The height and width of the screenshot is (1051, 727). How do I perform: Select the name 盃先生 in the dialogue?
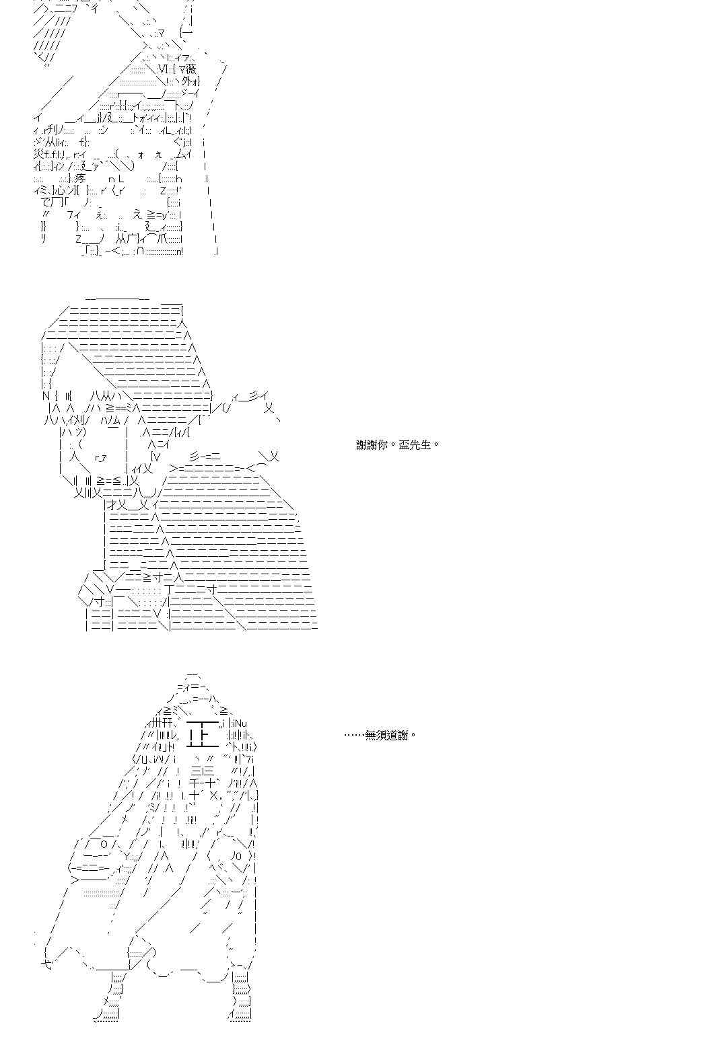pos(414,444)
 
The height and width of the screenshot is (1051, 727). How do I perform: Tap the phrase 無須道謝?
pos(387,735)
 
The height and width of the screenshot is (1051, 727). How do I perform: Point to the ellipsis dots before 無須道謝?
pos(354,735)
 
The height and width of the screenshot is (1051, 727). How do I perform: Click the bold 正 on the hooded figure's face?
pos(201,735)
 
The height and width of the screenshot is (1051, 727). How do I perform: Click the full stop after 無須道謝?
pos(413,736)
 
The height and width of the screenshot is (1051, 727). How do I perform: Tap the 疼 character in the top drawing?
pos(81,178)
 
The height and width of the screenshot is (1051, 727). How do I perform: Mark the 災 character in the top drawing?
pos(38,154)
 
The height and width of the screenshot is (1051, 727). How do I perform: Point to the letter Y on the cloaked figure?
pos(128,856)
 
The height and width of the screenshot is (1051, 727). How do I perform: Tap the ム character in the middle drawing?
pos(113,420)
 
